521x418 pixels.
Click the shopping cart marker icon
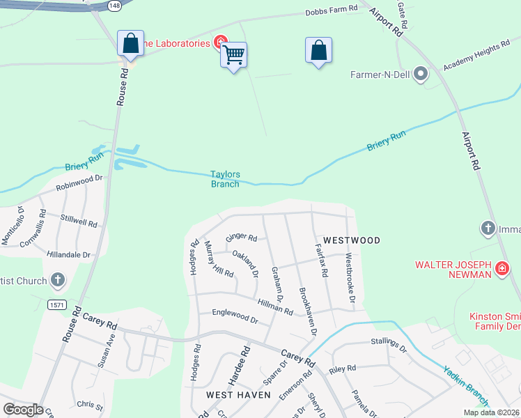coord(234,54)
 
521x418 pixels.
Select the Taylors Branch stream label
coord(225,179)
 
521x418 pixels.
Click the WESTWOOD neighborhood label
coord(351,240)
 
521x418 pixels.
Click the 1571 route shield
coord(57,305)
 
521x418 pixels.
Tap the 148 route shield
coord(113,5)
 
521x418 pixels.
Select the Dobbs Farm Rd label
coord(332,10)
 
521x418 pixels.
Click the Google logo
coord(22,410)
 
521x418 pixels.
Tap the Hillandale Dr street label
coord(69,255)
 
